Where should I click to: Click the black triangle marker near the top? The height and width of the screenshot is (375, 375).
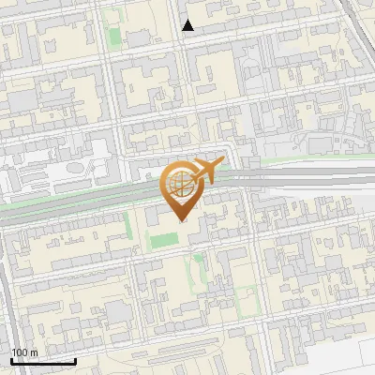pos(188,25)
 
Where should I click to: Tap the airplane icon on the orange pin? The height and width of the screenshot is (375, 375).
pos(205,171)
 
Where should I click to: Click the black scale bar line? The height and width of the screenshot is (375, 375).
pos(43,361)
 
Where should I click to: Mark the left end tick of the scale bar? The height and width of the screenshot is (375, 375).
pos(11,360)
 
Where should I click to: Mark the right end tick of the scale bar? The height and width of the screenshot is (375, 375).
pos(75,360)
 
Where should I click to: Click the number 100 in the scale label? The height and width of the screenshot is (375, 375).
pos(20,352)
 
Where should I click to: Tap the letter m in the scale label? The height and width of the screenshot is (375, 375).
pos(34,352)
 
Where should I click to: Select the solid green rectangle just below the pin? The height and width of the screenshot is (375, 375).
pos(164,240)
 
